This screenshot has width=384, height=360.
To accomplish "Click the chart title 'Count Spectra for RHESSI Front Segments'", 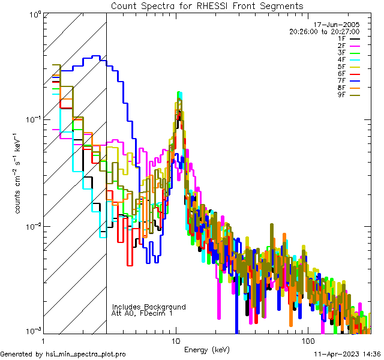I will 207,5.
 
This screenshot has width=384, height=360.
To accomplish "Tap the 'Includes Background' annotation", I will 149,307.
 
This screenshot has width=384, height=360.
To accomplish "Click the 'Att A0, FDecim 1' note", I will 142,313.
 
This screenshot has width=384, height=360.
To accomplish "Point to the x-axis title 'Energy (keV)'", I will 206,349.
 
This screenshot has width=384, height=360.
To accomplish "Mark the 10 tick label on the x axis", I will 175,340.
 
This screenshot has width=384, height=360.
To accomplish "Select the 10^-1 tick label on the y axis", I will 31,119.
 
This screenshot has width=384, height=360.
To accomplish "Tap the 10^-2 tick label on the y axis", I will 31,226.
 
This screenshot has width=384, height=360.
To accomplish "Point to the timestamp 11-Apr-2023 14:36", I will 347,354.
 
